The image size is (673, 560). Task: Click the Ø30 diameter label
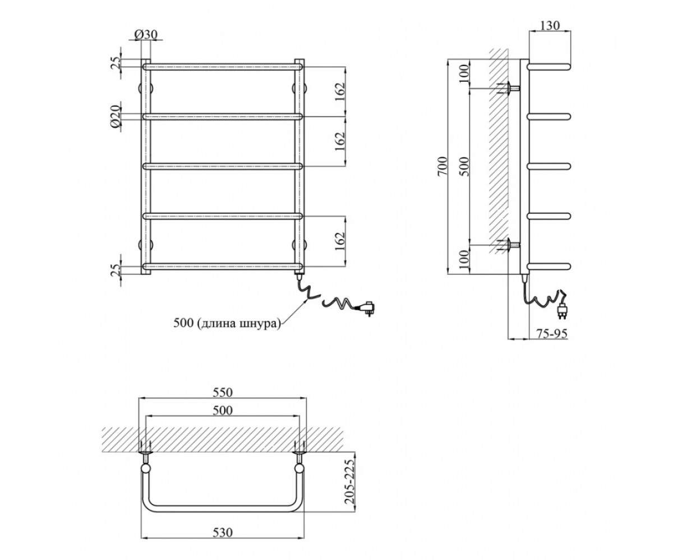(x=146, y=34)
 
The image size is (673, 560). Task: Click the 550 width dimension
(x=223, y=392)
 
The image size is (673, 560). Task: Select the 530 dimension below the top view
(x=223, y=533)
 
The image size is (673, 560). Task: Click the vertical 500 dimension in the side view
(x=464, y=166)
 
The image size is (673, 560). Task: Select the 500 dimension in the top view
(x=223, y=410)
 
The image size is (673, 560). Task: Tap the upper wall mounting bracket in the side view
(x=509, y=87)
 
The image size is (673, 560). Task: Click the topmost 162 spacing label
(x=340, y=92)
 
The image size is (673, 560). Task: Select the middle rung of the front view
(x=223, y=166)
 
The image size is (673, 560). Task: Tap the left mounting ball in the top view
(x=146, y=468)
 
